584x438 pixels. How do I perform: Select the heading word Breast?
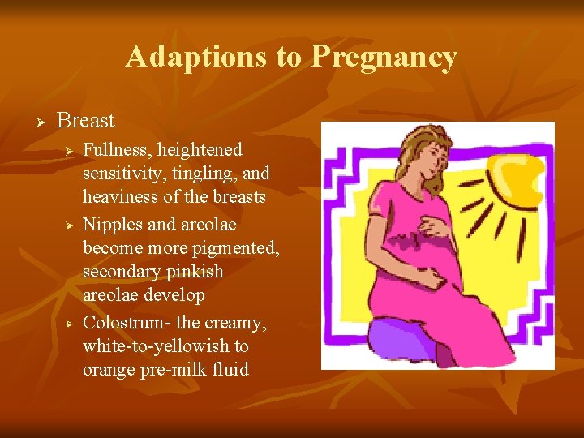tap(86, 121)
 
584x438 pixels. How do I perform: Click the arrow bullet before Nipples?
tap(70, 224)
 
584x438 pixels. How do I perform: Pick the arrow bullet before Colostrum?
tap(70, 324)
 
